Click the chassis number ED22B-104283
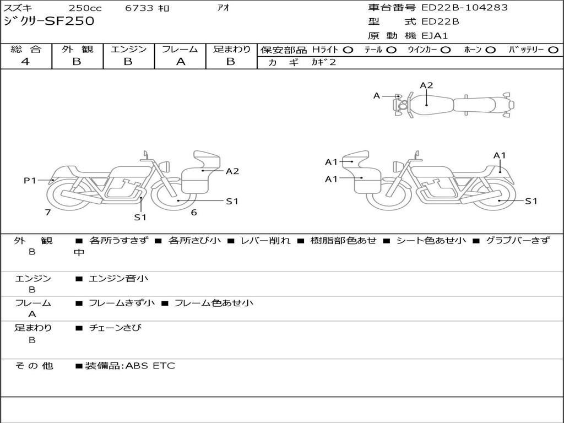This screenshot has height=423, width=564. click(464, 8)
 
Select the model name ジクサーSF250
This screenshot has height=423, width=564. click(49, 21)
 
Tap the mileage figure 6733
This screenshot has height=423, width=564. click(139, 8)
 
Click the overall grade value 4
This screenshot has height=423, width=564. click(25, 62)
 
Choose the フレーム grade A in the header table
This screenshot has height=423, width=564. click(181, 62)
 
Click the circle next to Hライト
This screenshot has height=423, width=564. click(348, 50)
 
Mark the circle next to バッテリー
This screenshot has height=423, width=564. click(553, 50)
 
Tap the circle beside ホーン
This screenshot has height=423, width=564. click(490, 50)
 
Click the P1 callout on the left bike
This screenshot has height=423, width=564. click(30, 180)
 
